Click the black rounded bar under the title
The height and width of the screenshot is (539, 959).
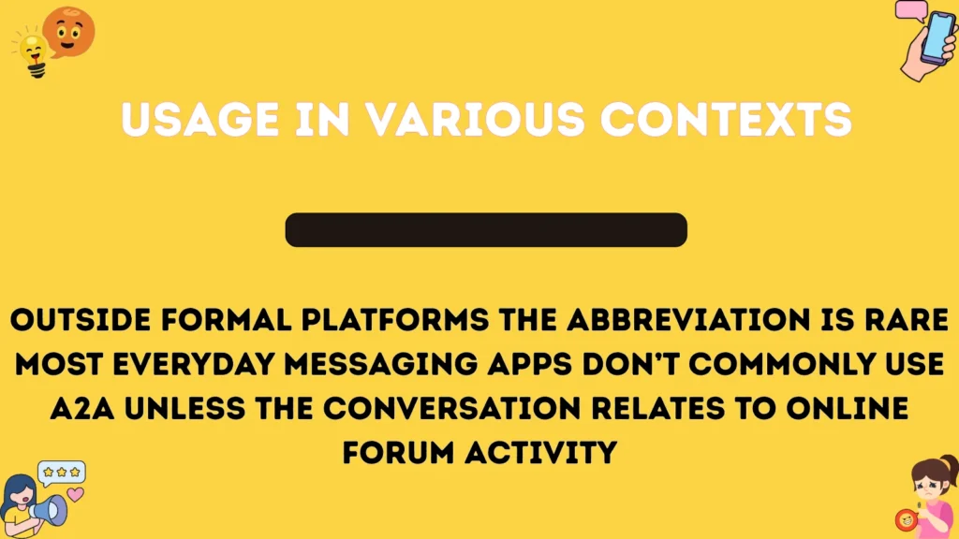coord(486,230)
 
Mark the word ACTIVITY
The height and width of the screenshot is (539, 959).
coord(543,453)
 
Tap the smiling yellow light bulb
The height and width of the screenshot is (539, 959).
coord(31,52)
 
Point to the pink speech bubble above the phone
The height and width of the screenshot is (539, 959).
coord(909,11)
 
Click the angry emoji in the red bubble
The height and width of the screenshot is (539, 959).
coord(906,519)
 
